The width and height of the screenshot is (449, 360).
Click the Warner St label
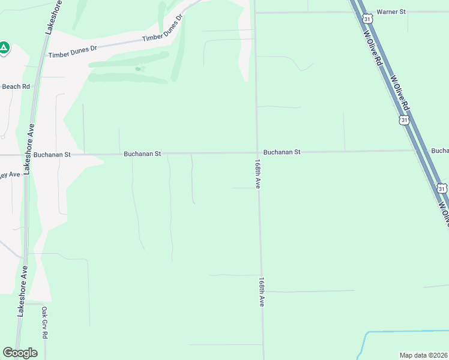tap(391, 11)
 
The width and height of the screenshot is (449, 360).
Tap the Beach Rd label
tap(16, 86)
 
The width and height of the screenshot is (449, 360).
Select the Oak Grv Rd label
tap(44, 323)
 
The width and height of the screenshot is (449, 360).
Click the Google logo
tap(20, 353)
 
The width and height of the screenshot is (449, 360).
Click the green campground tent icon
tap(4, 47)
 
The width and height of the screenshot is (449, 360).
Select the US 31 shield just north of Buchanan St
tap(405, 120)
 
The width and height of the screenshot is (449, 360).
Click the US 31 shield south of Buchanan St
tap(442, 188)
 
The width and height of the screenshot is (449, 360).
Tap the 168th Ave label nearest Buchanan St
tap(257, 174)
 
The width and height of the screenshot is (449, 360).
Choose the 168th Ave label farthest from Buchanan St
tap(262, 292)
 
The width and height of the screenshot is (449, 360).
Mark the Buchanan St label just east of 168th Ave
tap(282, 152)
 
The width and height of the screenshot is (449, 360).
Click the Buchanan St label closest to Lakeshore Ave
tap(52, 154)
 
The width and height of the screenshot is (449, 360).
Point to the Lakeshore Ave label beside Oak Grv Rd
tap(22, 292)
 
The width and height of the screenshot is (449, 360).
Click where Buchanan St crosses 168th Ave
tap(258, 152)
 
